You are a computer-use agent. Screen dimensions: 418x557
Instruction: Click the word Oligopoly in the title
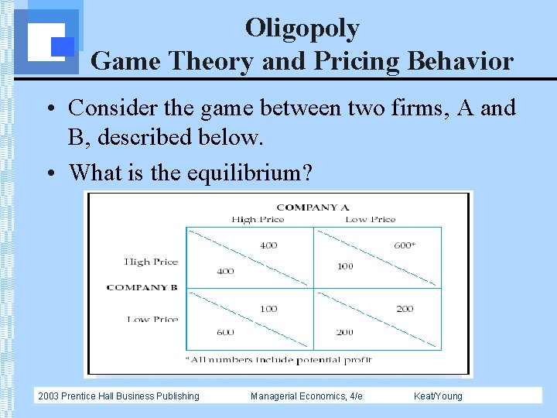[302, 28]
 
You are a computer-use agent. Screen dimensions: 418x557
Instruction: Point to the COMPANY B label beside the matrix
[142, 287]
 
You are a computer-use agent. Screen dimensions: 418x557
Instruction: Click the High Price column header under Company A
[258, 219]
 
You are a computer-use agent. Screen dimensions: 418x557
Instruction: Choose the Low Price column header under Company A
[370, 219]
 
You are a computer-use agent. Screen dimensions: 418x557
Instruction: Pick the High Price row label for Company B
[151, 262]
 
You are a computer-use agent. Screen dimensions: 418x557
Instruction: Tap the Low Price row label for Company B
[152, 319]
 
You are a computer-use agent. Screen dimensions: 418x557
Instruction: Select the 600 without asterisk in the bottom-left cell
[225, 332]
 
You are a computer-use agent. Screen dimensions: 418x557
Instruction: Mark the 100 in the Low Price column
[345, 266]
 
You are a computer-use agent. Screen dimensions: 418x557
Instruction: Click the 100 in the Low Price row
[268, 309]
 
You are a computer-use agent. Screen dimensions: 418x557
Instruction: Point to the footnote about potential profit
[278, 359]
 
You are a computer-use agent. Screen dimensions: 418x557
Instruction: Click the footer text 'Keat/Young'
[438, 396]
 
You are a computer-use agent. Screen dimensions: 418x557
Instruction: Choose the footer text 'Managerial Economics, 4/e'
[306, 396]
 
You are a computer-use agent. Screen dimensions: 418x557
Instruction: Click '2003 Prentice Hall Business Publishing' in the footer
[118, 396]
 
